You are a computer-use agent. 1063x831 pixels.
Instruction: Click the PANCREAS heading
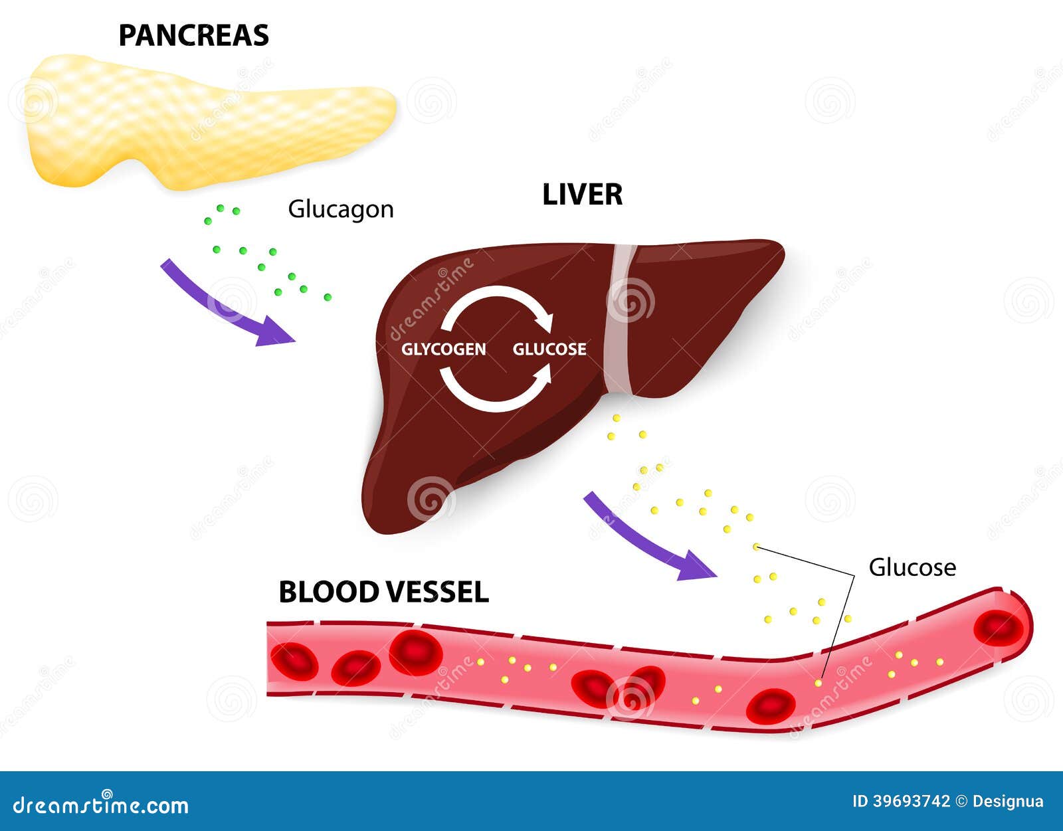coord(193,36)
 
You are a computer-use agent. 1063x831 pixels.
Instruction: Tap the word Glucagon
coord(340,209)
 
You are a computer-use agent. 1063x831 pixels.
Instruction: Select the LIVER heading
coord(582,195)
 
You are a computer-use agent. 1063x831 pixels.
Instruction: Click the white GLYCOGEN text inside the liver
coord(443,349)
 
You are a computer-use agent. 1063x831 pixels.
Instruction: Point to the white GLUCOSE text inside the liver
coord(549,349)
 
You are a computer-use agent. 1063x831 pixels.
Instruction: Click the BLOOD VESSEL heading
coord(383,592)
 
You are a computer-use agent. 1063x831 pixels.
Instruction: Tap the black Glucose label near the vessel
coord(912,567)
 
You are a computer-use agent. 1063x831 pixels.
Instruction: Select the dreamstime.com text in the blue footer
coord(101,805)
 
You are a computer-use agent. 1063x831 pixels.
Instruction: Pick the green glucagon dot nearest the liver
coord(328,297)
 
